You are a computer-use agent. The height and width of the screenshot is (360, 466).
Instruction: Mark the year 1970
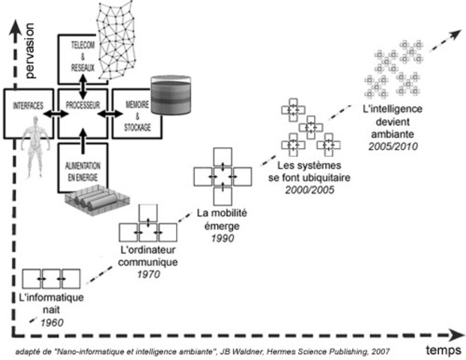148,274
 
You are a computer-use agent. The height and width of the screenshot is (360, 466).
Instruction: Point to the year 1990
223,238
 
